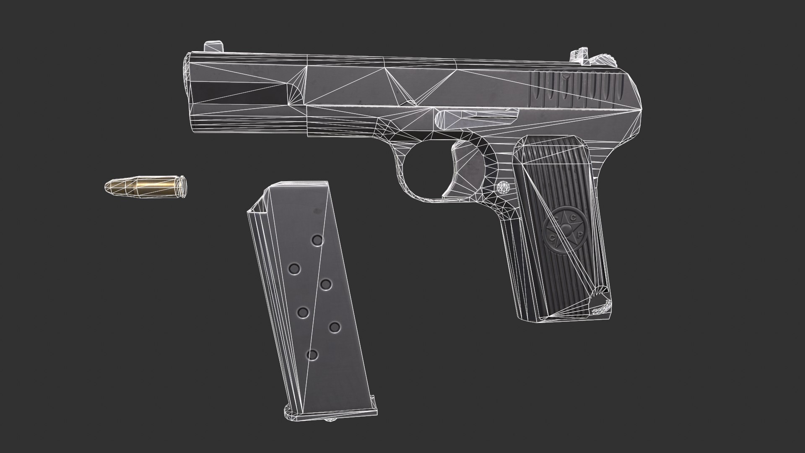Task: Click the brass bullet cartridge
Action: pyautogui.click(x=145, y=185)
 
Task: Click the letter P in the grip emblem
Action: pyautogui.click(x=579, y=235)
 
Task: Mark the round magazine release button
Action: pyautogui.click(x=504, y=187)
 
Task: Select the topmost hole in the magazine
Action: pyautogui.click(x=317, y=240)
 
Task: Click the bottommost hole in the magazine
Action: pyautogui.click(x=312, y=355)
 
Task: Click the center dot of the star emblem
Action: pyautogui.click(x=566, y=229)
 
